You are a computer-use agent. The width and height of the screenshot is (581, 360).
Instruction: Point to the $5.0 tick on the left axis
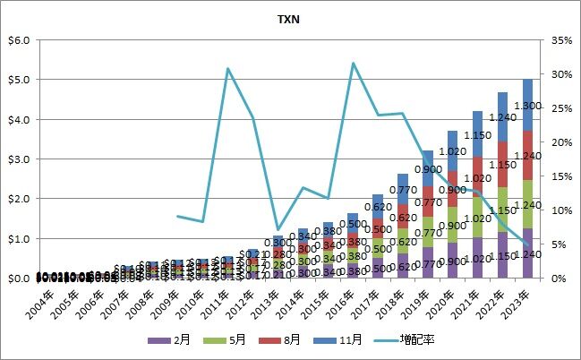point(19,80)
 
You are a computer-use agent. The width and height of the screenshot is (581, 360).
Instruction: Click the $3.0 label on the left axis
point(19,159)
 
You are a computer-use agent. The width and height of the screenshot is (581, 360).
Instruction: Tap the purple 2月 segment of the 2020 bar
point(452,261)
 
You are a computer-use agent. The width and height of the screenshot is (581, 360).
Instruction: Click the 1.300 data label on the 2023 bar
point(528,107)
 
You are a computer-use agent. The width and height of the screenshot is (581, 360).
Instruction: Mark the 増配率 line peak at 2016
point(353,63)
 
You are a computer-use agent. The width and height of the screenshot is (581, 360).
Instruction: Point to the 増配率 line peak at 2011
point(228,69)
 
